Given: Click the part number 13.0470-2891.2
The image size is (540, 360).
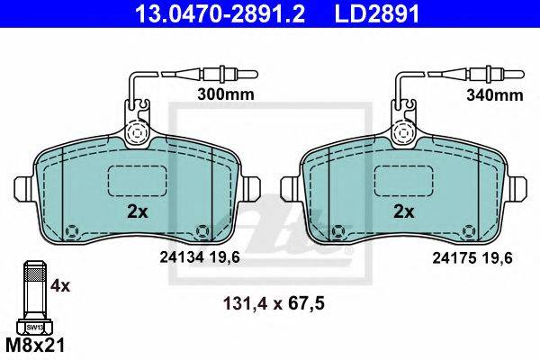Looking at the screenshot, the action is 220,13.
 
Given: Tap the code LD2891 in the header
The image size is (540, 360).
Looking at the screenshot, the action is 377,13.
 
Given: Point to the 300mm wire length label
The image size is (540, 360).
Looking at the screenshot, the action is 226,94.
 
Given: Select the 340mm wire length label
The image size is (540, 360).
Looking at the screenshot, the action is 495,94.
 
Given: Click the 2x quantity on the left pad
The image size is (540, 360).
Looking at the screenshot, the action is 138,211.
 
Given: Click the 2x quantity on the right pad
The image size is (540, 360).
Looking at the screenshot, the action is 404,211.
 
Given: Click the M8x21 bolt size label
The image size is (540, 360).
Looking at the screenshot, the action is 35,345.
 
